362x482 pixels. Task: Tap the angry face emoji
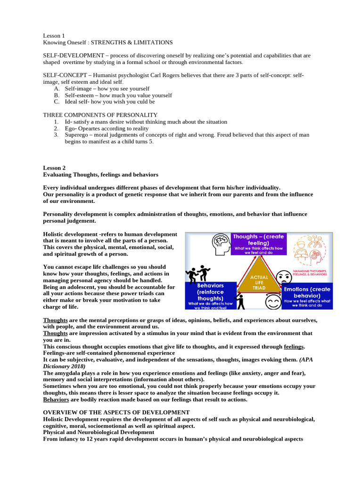[284, 278]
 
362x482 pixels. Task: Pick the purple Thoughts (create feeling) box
[258, 243]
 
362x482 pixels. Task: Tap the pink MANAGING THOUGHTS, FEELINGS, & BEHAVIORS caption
[312, 274]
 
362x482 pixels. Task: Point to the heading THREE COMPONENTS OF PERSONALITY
[100, 115]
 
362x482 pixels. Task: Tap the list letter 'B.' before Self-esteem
[57, 95]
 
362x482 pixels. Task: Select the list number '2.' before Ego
[56, 128]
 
